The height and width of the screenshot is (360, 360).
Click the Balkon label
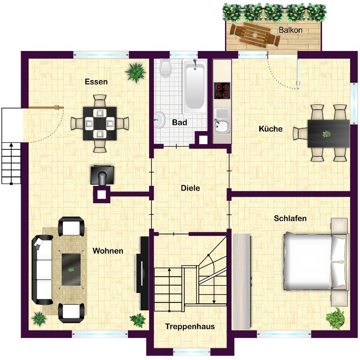pyautogui.click(x=290, y=30)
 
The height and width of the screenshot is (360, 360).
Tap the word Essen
pyautogui.click(x=96, y=81)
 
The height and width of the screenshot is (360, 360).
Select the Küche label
pyautogui.click(x=270, y=129)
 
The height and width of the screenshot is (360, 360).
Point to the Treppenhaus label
pyautogui.click(x=190, y=326)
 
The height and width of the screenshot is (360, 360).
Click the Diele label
pyautogui.click(x=190, y=188)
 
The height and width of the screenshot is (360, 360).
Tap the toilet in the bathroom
pyautogui.click(x=165, y=68)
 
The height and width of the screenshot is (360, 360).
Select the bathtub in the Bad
pyautogui.click(x=195, y=86)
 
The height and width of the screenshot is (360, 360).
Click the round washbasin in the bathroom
pyautogui.click(x=159, y=120)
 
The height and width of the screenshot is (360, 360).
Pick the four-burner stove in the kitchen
pyautogui.click(x=222, y=90)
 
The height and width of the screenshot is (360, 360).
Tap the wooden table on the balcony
pyautogui.click(x=255, y=35)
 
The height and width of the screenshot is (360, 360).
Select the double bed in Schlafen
pyautogui.click(x=315, y=262)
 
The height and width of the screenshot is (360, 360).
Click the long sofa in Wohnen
pyautogui.click(x=42, y=270)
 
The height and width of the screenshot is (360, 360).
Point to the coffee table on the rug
pyautogui.click(x=71, y=269)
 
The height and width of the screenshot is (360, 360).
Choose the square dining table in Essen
pyautogui.click(x=100, y=123)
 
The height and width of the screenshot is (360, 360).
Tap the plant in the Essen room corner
pyautogui.click(x=135, y=72)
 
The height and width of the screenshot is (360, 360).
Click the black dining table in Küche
pyautogui.click(x=329, y=133)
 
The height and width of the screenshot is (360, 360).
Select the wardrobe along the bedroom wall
pyautogui.click(x=241, y=281)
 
